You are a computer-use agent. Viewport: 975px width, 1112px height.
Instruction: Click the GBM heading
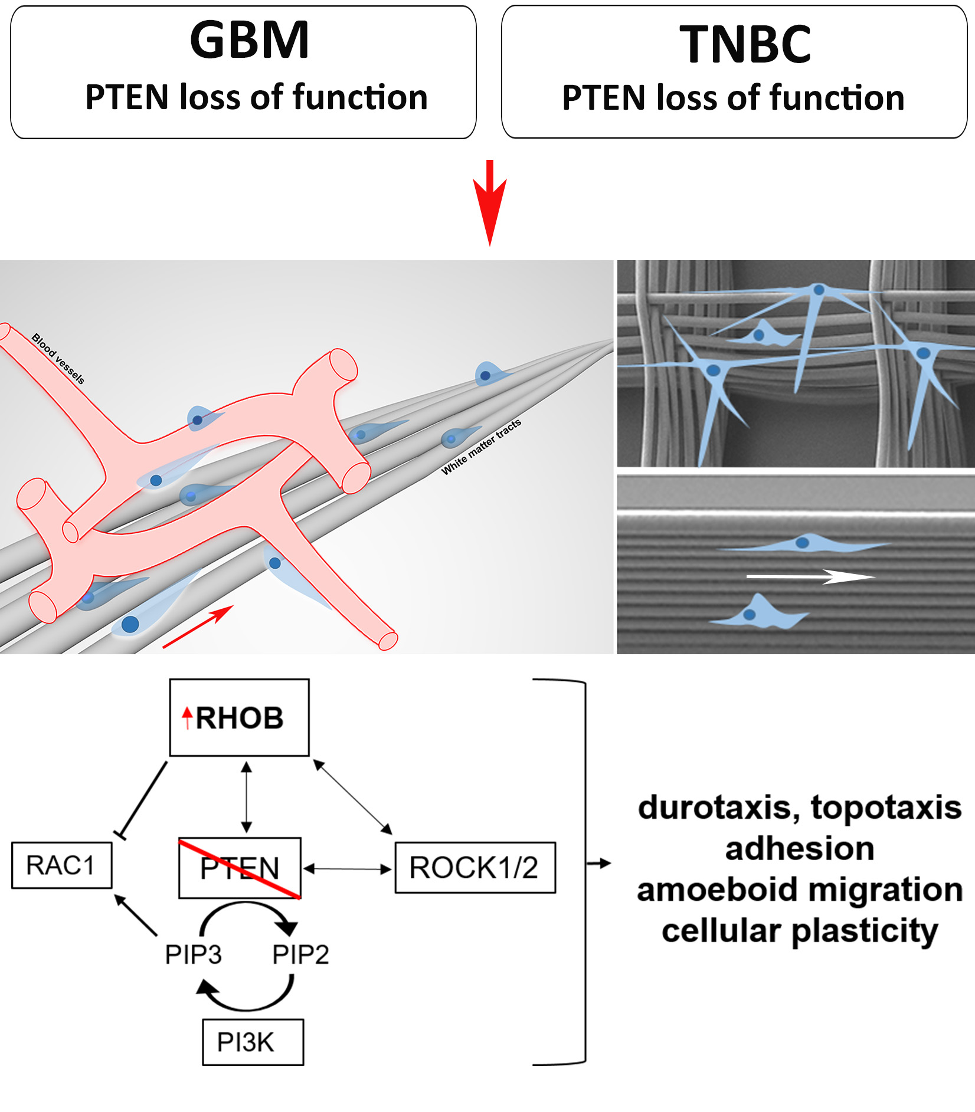coord(249,40)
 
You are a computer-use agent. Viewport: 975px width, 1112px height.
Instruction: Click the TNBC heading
coord(745,44)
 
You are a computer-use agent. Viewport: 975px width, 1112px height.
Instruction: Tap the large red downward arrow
coord(489,204)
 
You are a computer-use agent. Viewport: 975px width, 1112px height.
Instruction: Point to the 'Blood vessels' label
coord(58,358)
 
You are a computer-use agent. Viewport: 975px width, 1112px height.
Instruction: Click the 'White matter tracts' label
coord(482,447)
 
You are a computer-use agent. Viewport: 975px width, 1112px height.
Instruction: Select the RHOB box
coord(239,717)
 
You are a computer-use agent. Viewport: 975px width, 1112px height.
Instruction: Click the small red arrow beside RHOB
coord(187,717)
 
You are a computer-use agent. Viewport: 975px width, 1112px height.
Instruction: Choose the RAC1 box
coord(61,865)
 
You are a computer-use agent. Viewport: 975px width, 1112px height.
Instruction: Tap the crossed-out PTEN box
coord(240,868)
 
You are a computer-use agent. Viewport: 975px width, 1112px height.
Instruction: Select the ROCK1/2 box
coord(475,868)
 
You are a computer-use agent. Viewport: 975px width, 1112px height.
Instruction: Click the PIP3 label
coord(193,954)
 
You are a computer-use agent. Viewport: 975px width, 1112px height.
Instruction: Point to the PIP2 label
coord(300,954)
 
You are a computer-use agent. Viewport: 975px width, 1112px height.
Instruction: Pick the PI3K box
coord(253,1042)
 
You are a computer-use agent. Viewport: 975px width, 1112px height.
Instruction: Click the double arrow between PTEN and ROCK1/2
coord(348,868)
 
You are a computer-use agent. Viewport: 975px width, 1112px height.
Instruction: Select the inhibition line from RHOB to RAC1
coord(143,799)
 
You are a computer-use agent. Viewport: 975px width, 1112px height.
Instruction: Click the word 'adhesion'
coord(800,848)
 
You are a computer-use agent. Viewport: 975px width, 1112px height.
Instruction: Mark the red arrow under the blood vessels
coord(198,626)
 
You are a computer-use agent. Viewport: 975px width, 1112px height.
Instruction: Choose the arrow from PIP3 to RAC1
coord(136,915)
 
